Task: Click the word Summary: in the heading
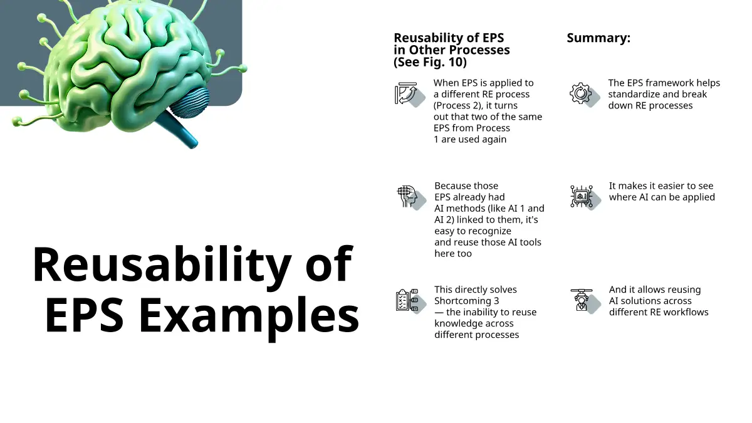coord(598,38)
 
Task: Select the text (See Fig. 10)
coord(430,62)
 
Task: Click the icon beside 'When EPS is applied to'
coord(410,95)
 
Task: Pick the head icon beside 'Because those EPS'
coord(411,197)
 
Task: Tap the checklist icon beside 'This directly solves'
coord(411,301)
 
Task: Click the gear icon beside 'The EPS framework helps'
coord(585,95)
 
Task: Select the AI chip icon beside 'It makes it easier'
coord(585,197)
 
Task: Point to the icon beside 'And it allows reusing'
coord(585,301)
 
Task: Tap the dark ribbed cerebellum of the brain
coord(190,102)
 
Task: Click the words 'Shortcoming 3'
coord(467,301)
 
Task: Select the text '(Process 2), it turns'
coord(476,106)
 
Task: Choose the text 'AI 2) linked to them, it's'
coord(486,220)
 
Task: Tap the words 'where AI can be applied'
coord(662,197)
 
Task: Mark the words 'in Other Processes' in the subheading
coord(452,50)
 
